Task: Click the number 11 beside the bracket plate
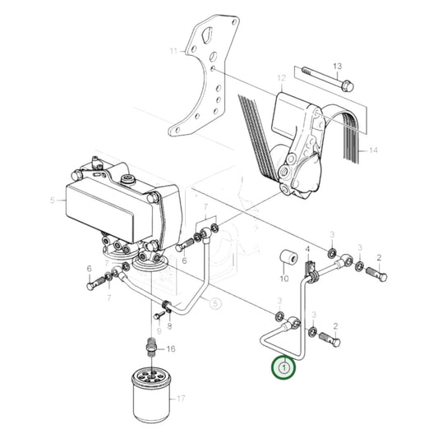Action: pyautogui.click(x=173, y=51)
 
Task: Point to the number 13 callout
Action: pyautogui.click(x=336, y=65)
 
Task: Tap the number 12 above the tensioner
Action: pyautogui.click(x=280, y=80)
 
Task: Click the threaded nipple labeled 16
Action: pyautogui.click(x=150, y=343)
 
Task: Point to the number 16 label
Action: pyautogui.click(x=171, y=348)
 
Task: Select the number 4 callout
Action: pyautogui.click(x=307, y=247)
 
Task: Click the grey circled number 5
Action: pyautogui.click(x=215, y=304)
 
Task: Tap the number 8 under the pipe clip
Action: pyautogui.click(x=170, y=325)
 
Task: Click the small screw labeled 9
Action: pyautogui.click(x=156, y=315)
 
